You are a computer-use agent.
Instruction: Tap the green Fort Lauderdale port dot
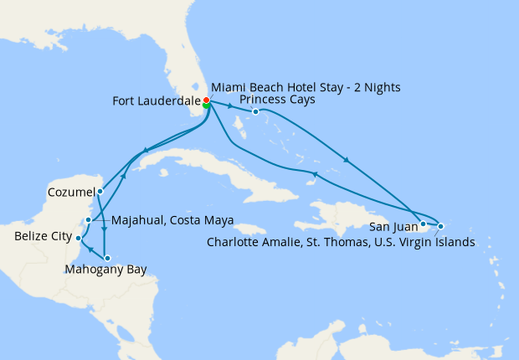[x=206, y=106]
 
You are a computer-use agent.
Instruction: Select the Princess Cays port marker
[x=255, y=111]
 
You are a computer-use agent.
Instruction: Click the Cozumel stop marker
[x=100, y=191]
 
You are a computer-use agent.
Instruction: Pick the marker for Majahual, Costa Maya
[x=88, y=220]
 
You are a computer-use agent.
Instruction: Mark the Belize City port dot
[x=78, y=239]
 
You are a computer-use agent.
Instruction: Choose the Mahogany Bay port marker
[x=106, y=258]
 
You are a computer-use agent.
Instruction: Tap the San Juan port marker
[x=424, y=224]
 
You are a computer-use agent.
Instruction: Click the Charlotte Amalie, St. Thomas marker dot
[x=440, y=226]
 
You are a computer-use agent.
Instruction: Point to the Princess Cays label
[x=278, y=100]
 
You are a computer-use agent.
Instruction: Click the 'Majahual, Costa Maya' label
[x=172, y=220]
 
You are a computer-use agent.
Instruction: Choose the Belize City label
[x=42, y=237]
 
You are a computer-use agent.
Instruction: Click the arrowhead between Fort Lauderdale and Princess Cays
[x=230, y=107]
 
